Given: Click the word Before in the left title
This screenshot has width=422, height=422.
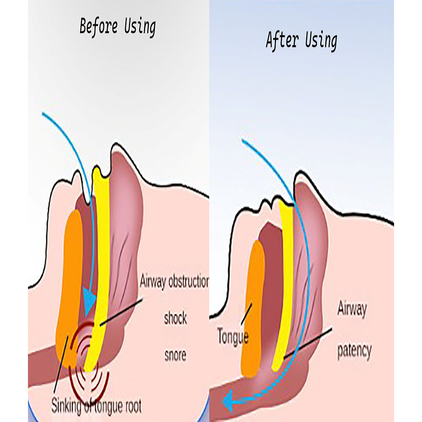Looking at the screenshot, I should click(x=99, y=27).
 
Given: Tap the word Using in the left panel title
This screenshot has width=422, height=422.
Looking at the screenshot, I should click(x=140, y=27).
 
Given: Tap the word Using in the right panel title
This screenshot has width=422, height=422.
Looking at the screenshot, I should click(x=321, y=41).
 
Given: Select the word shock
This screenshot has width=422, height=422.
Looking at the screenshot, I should click(x=175, y=318).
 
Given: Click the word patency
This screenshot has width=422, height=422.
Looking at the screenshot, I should click(x=354, y=352).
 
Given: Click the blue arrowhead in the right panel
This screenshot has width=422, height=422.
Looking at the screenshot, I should click(x=227, y=400).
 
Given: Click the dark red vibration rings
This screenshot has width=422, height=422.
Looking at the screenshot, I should click(x=92, y=362).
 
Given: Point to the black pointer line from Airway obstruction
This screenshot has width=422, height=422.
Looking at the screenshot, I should click(x=121, y=311).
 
